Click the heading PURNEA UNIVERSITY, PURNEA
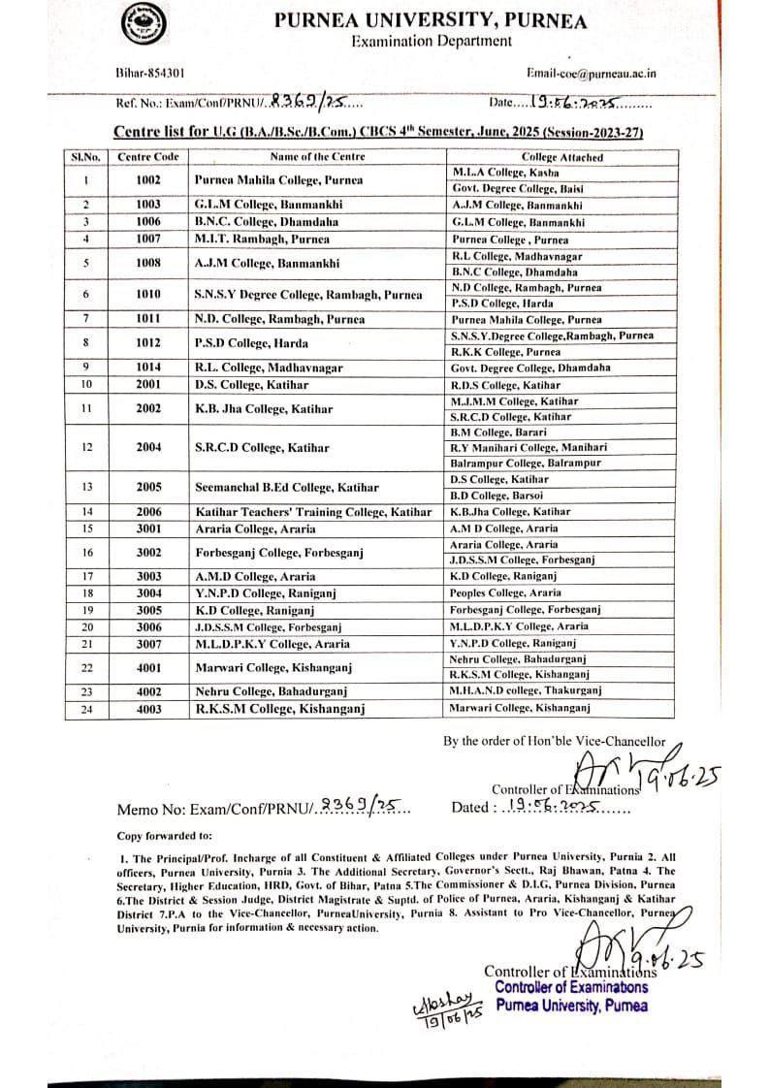[x=431, y=19]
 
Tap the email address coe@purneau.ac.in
[x=591, y=73]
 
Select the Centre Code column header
[x=147, y=156]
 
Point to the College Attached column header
[x=561, y=157]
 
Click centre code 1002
[x=147, y=180]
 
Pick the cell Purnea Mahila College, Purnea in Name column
[x=278, y=180]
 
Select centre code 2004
[x=147, y=448]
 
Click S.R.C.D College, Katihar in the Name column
[x=261, y=448]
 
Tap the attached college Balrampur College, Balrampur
[x=525, y=464]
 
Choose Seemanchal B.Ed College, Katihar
[x=286, y=488]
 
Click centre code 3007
[x=147, y=644]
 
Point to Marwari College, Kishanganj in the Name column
[x=272, y=667]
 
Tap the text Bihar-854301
[x=144, y=73]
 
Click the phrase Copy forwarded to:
[x=166, y=835]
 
